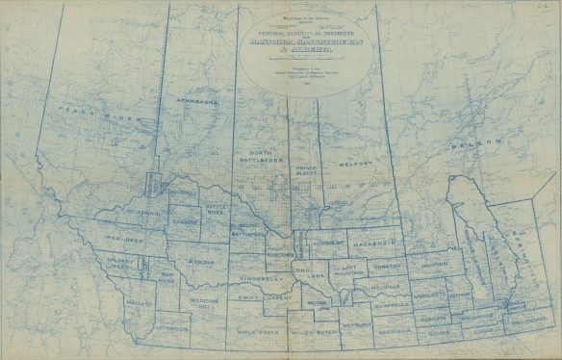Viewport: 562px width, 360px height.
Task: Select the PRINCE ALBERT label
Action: (307, 173)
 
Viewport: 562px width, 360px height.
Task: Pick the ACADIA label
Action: (201, 261)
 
